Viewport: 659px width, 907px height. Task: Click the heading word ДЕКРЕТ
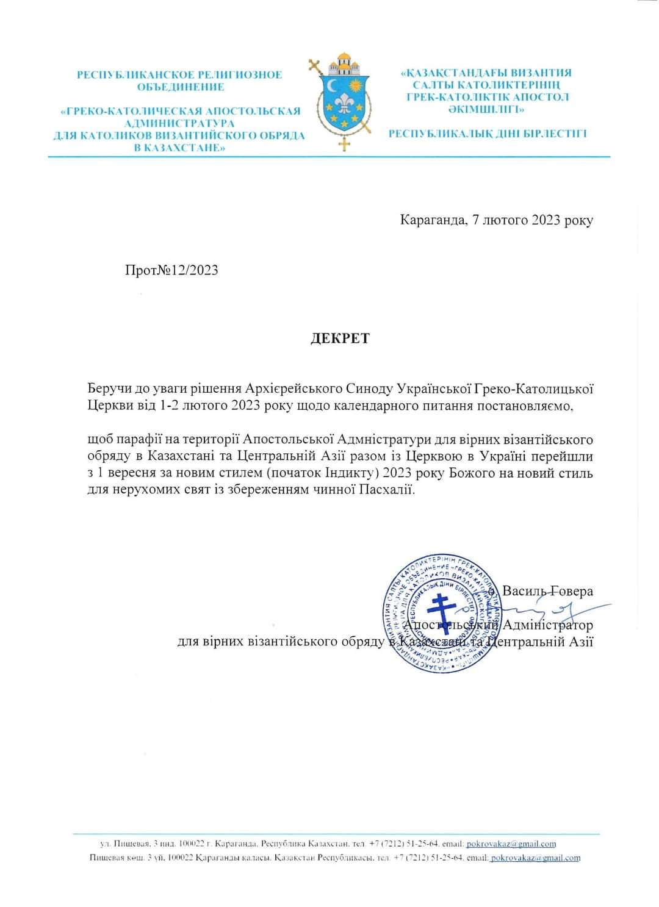click(x=340, y=339)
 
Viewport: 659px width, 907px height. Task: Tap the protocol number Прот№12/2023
click(x=171, y=270)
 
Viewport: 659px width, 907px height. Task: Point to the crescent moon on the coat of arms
click(x=332, y=86)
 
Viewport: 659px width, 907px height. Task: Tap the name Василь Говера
click(x=547, y=591)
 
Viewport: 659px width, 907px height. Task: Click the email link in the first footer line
click(x=511, y=844)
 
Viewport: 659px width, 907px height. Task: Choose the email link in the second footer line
click(x=535, y=858)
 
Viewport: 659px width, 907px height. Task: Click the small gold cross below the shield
click(x=345, y=144)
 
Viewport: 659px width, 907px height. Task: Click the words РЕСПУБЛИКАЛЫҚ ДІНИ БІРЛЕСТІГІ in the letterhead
click(x=488, y=134)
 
